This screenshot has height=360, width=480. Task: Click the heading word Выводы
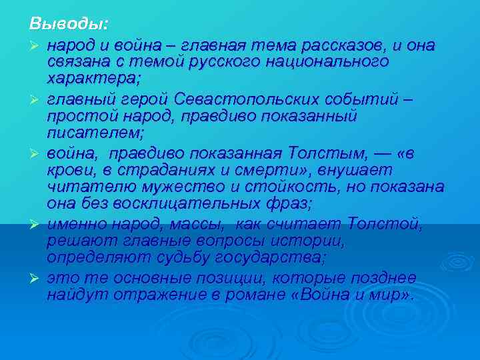click(x=67, y=25)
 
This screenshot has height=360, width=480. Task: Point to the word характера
click(x=93, y=79)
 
